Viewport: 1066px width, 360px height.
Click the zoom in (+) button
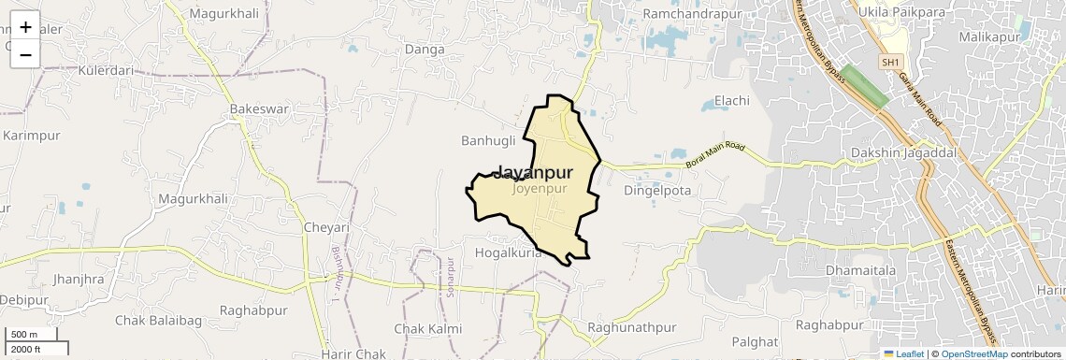pyautogui.click(x=25, y=27)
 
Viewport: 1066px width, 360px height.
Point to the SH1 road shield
pyautogui.click(x=891, y=62)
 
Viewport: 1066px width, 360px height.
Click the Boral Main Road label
pyautogui.click(x=715, y=155)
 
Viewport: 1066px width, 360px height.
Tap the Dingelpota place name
pyautogui.click(x=656, y=190)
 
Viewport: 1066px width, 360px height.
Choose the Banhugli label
pyautogui.click(x=488, y=141)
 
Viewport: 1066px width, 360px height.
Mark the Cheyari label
pyautogui.click(x=326, y=227)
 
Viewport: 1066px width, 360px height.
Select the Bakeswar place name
pyautogui.click(x=259, y=109)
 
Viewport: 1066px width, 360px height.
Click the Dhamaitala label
pyautogui.click(x=860, y=270)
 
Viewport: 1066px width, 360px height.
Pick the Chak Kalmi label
pyautogui.click(x=428, y=329)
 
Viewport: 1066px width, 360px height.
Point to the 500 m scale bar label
pyautogui.click(x=25, y=335)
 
